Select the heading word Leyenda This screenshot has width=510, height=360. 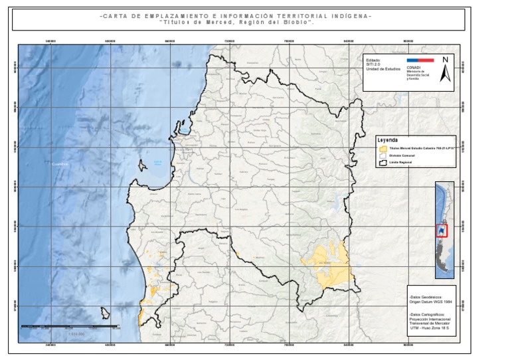(387, 141)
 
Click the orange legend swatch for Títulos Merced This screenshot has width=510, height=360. (382, 149)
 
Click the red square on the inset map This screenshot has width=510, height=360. (442, 230)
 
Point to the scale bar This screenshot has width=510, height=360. (70, 325)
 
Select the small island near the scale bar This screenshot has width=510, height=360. (105, 312)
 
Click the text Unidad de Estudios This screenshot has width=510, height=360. (383, 68)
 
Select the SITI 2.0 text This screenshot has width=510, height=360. (373, 64)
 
